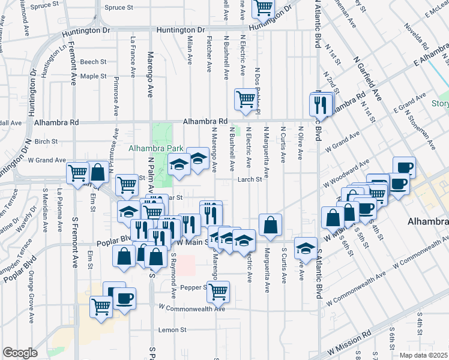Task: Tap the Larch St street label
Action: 250,179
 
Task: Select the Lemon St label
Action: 173,330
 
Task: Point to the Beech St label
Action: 93,62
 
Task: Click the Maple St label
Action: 93,76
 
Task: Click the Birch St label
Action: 46,142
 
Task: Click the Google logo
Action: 20,353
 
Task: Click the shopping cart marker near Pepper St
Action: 218,292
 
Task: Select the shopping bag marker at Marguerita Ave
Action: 271,225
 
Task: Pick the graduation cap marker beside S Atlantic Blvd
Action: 306,248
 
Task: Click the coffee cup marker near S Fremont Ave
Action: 125,298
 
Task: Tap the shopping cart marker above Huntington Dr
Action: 263,8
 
